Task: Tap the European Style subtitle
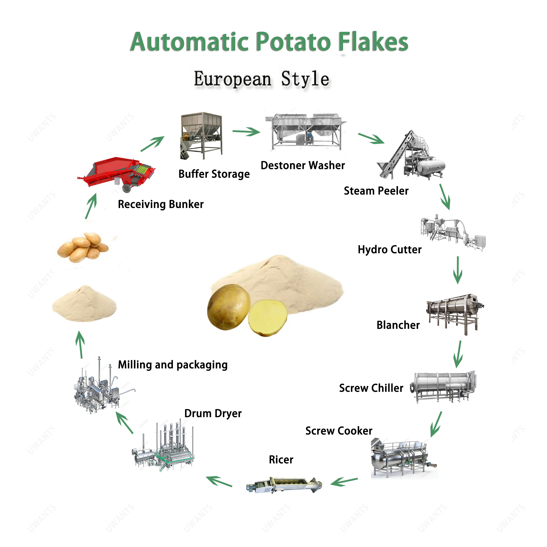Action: [261, 79]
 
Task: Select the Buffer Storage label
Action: [214, 174]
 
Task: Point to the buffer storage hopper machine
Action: [201, 135]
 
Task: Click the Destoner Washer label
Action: [303, 165]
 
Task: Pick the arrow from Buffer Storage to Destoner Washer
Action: [246, 131]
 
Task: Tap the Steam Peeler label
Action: [376, 191]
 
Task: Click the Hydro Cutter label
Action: [390, 249]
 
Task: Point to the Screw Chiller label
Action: [371, 388]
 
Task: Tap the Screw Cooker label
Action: [339, 431]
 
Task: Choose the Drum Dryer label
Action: [213, 413]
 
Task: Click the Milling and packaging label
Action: [173, 365]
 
